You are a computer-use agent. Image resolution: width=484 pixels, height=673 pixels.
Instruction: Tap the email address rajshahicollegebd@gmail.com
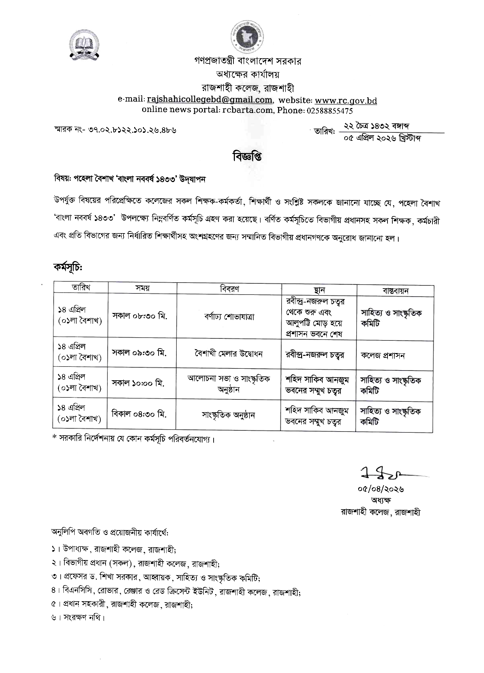pos(209,100)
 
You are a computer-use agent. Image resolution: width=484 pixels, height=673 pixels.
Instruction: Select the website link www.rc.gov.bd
pos(346,101)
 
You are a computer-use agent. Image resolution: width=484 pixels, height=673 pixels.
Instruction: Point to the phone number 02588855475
pos(330,111)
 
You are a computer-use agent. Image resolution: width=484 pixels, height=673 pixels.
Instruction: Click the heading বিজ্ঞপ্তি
pos(247,157)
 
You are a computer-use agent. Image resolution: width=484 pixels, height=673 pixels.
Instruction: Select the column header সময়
pos(142,288)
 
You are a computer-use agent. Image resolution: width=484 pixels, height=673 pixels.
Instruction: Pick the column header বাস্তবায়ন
pos(395,291)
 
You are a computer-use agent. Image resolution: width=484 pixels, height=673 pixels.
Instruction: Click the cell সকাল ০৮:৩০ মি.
pos(139,316)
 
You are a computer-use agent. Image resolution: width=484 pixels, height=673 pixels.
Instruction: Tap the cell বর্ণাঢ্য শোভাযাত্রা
pos(229,317)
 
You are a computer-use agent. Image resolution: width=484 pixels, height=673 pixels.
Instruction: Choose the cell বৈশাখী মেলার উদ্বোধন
pos(229,354)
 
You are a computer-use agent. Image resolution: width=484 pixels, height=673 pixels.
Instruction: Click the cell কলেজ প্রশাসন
pos(383,355)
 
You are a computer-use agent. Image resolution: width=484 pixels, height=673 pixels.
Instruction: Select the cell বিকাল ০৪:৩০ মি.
pos(139,414)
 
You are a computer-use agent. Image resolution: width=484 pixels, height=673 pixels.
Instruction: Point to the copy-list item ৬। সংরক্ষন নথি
pos(78,617)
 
